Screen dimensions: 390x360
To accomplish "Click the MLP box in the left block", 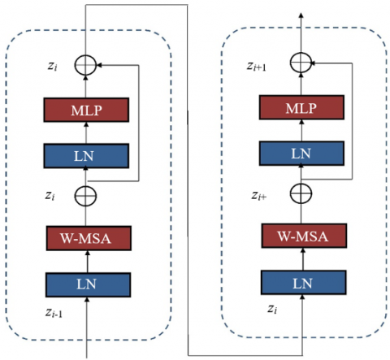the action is pos(86,110).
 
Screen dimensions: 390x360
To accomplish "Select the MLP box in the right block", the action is pos(301,107).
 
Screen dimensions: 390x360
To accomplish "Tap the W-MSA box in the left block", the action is pos(89,238).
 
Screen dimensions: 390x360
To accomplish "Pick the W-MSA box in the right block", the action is pos(304,236).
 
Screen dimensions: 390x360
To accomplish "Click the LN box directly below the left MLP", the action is pos(86,156).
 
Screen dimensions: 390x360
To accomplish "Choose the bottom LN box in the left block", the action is pos(88,284).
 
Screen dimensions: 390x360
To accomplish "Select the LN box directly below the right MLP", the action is pos(301,154).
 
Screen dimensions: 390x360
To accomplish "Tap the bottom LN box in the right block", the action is pos(303,282).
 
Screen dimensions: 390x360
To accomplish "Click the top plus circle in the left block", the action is pos(85,65).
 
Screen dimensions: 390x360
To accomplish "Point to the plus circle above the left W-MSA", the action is pos(85,196).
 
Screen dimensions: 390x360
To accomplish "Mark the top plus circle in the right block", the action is pos(301,63).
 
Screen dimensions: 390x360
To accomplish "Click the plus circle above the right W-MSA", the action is pos(301,193).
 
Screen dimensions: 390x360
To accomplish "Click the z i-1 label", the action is pos(54,313).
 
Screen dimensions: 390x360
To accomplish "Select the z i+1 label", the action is pos(256,67).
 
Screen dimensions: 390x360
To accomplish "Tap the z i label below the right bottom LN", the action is pos(272,309).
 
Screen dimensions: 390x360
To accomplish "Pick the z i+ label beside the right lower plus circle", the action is pos(259,195).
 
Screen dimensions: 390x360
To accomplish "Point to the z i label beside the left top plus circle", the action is pos(52,67).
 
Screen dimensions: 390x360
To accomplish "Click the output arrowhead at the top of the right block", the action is pos(301,15).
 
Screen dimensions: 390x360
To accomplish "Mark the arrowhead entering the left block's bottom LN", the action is pos(87,299).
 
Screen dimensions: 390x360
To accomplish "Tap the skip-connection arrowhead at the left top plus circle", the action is pos(99,65).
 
